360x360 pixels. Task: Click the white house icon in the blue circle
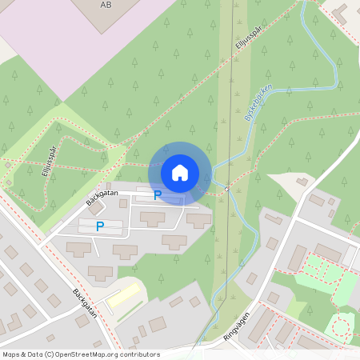pyautogui.click(x=180, y=172)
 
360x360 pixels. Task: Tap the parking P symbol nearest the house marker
pyautogui.click(x=158, y=194)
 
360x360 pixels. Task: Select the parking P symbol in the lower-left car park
pyautogui.click(x=100, y=226)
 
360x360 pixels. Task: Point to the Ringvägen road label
pyautogui.click(x=238, y=324)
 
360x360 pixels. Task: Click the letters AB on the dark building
pyautogui.click(x=106, y=5)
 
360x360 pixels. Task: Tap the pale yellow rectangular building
pyautogui.click(x=123, y=294)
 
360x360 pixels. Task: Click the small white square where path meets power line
pyautogui.click(x=227, y=189)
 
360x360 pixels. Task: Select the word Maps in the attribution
pyautogui.click(x=12, y=354)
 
